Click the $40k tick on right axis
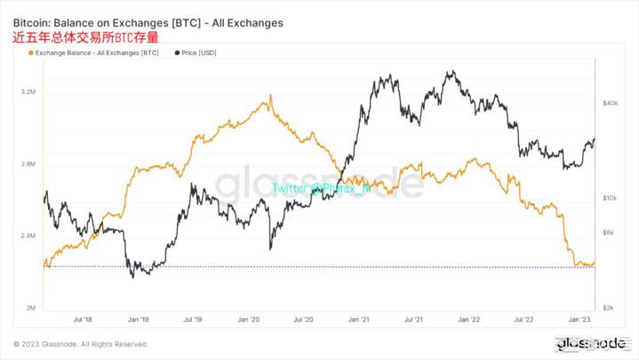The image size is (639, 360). pos(610,104)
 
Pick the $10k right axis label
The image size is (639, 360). pos(610,198)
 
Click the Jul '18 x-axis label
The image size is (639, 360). pos(84,318)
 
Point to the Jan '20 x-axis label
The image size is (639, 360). pos(250,318)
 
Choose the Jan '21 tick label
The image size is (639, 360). pos(360,318)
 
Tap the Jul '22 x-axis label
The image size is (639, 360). pos(524,318)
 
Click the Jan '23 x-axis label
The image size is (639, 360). pos(579,318)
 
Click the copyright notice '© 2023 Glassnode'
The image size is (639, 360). pos(80,344)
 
